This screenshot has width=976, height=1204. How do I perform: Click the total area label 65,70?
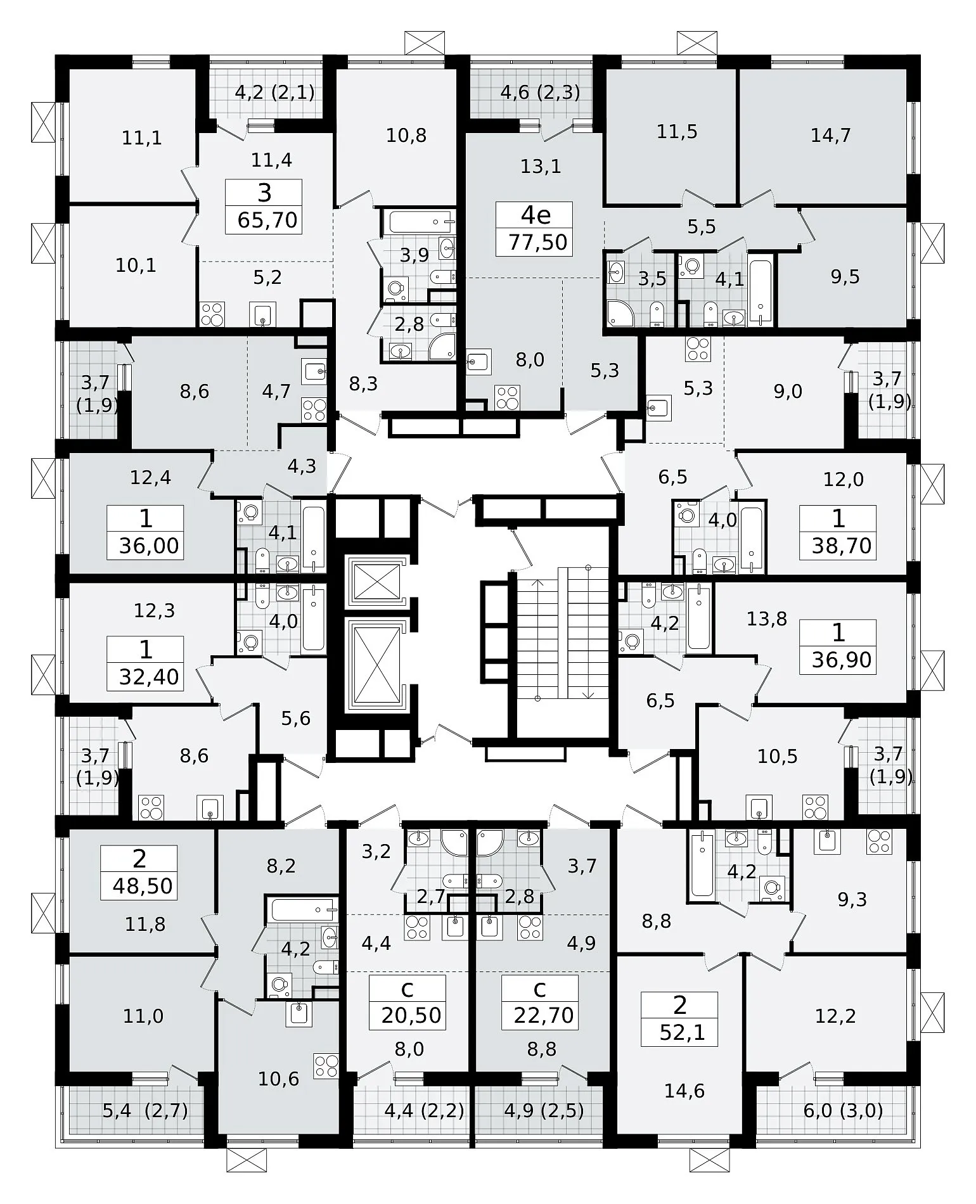(x=267, y=220)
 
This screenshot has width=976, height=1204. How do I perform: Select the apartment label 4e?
(x=536, y=215)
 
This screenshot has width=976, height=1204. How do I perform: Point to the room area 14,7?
(x=830, y=135)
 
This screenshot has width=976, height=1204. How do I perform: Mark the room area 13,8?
(x=766, y=618)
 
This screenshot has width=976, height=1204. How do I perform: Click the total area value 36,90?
(x=842, y=660)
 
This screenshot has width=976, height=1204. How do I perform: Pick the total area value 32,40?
(x=149, y=677)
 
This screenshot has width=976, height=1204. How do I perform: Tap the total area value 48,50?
(x=143, y=886)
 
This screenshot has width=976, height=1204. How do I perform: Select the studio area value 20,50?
(x=411, y=1015)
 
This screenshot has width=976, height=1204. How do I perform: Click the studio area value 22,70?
(x=544, y=1015)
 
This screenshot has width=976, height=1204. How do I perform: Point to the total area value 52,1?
(x=679, y=1033)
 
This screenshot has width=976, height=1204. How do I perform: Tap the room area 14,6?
(x=684, y=1091)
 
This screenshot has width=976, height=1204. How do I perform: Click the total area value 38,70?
(x=842, y=545)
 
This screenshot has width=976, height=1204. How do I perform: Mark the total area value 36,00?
(x=149, y=545)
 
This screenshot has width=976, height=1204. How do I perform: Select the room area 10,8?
(x=406, y=135)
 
